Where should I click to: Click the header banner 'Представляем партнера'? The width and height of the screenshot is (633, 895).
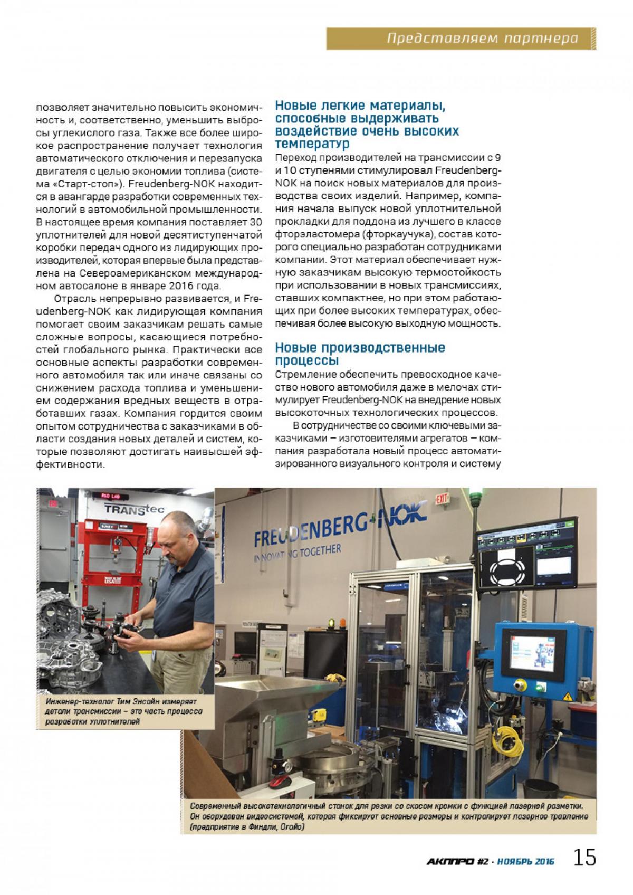click(x=482, y=39)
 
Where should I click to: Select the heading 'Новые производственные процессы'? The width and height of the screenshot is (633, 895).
click(x=360, y=354)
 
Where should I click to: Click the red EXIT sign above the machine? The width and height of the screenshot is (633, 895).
click(x=441, y=497)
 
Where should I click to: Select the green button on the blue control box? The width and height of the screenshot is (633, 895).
click(x=540, y=686)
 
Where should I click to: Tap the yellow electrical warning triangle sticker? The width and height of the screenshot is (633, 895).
click(x=567, y=695)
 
